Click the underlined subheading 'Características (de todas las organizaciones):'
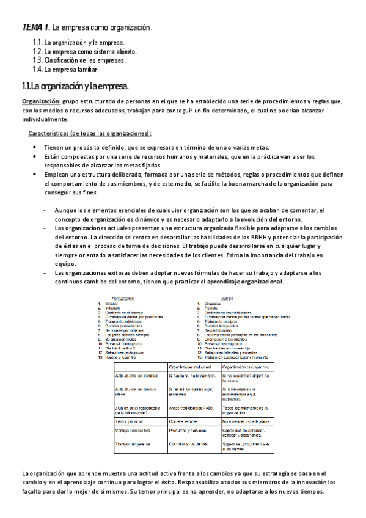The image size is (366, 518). click(90, 134)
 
